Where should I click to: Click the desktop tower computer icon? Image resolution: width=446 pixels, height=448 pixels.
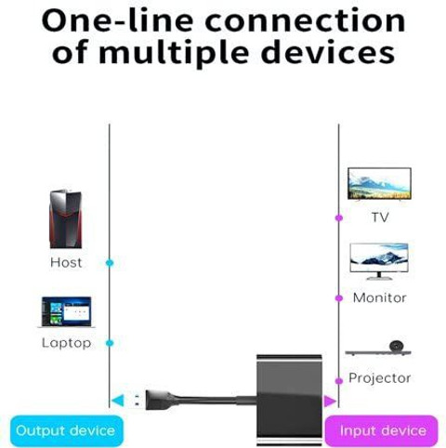coord(66,219)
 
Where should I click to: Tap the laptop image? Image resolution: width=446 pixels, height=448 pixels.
coord(66,312)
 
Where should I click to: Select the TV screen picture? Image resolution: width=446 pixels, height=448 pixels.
coord(379,184)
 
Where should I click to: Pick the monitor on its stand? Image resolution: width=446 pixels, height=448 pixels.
coord(379,261)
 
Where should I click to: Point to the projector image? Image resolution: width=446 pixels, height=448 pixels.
coord(378,349)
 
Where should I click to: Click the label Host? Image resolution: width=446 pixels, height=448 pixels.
coord(66,263)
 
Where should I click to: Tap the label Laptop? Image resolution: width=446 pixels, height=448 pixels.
coord(66,343)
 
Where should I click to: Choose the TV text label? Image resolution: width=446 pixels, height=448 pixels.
coord(380,217)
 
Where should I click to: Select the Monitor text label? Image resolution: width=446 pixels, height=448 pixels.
coord(379,297)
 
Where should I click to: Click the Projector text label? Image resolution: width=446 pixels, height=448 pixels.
coord(379,378)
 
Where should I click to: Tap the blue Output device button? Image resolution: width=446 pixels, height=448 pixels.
coord(67,431)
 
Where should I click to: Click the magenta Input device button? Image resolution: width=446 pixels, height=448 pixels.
coord(381,431)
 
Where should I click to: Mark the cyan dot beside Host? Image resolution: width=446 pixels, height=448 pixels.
coord(110,263)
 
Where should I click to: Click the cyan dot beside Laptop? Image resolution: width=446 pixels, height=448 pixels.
coord(110,343)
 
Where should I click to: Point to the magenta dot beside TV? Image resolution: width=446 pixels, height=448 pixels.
coord(339,218)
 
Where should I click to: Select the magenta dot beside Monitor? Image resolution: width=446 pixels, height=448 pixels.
coord(339,298)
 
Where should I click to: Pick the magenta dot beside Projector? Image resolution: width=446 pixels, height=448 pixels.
coord(339,381)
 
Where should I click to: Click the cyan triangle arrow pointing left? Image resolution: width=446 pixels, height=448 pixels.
coord(118,401)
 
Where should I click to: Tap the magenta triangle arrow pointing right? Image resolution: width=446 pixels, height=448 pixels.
coord(330,402)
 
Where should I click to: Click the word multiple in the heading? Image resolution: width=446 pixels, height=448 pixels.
coord(174,53)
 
